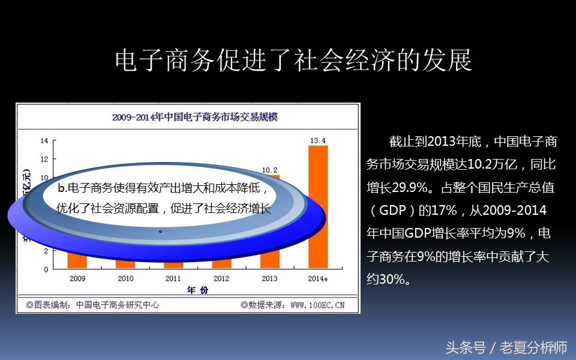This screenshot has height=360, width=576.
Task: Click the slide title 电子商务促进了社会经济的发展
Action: [293, 61]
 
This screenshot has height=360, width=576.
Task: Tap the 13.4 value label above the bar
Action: [318, 141]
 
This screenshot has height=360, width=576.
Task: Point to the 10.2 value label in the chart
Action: [269, 170]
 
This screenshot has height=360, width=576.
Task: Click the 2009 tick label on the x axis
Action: [77, 278]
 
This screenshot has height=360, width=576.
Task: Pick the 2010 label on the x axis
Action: [125, 278]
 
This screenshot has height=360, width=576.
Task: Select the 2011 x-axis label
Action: [173, 278]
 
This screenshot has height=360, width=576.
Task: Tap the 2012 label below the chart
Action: [221, 278]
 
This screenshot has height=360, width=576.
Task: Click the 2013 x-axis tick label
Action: [269, 278]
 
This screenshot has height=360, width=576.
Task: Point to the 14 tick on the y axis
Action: [44, 141]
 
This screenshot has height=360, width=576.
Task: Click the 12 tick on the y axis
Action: [44, 159]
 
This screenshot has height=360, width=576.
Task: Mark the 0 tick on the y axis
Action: [46, 269]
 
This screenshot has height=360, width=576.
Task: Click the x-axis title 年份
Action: [197, 290]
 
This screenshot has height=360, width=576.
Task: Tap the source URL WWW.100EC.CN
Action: [317, 305]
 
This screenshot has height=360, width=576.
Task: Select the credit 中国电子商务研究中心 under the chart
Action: [118, 305]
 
